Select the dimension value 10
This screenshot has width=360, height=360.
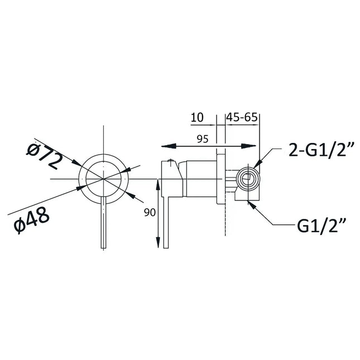coord(196,117)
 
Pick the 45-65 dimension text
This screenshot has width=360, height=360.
coord(242,117)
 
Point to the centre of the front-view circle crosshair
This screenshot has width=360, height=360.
coord(104,178)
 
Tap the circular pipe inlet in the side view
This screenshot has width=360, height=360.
coord(246,179)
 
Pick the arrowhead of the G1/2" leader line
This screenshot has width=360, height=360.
coord(251,203)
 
